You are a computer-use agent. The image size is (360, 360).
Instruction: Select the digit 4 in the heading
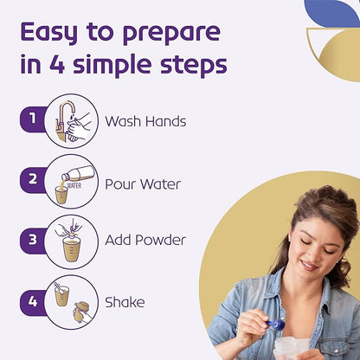pos(56,63)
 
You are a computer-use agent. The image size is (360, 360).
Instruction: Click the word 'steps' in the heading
pos(194,64)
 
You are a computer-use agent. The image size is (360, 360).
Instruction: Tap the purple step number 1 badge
pos(32,119)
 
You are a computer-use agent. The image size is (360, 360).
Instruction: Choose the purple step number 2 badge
pos(32,179)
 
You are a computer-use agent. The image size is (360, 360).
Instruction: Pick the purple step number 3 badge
pos(32,241)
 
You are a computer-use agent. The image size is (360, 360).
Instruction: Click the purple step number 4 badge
pos(32,302)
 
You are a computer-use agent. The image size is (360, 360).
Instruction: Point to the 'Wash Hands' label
pos(145,121)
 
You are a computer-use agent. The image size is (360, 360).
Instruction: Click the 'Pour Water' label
pos(143,184)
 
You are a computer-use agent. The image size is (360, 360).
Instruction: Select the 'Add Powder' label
pos(145,240)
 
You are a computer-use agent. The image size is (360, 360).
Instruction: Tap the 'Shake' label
pos(125,302)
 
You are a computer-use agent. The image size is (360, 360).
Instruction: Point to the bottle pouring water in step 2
pos(79,174)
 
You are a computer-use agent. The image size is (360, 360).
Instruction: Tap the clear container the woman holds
pos(292,349)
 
